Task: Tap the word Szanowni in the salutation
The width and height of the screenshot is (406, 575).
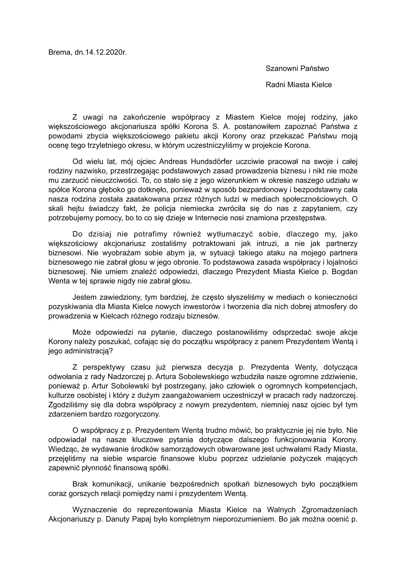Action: pyautogui.click(x=281, y=68)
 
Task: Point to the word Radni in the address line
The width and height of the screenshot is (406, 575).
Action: pyautogui.click(x=275, y=85)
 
